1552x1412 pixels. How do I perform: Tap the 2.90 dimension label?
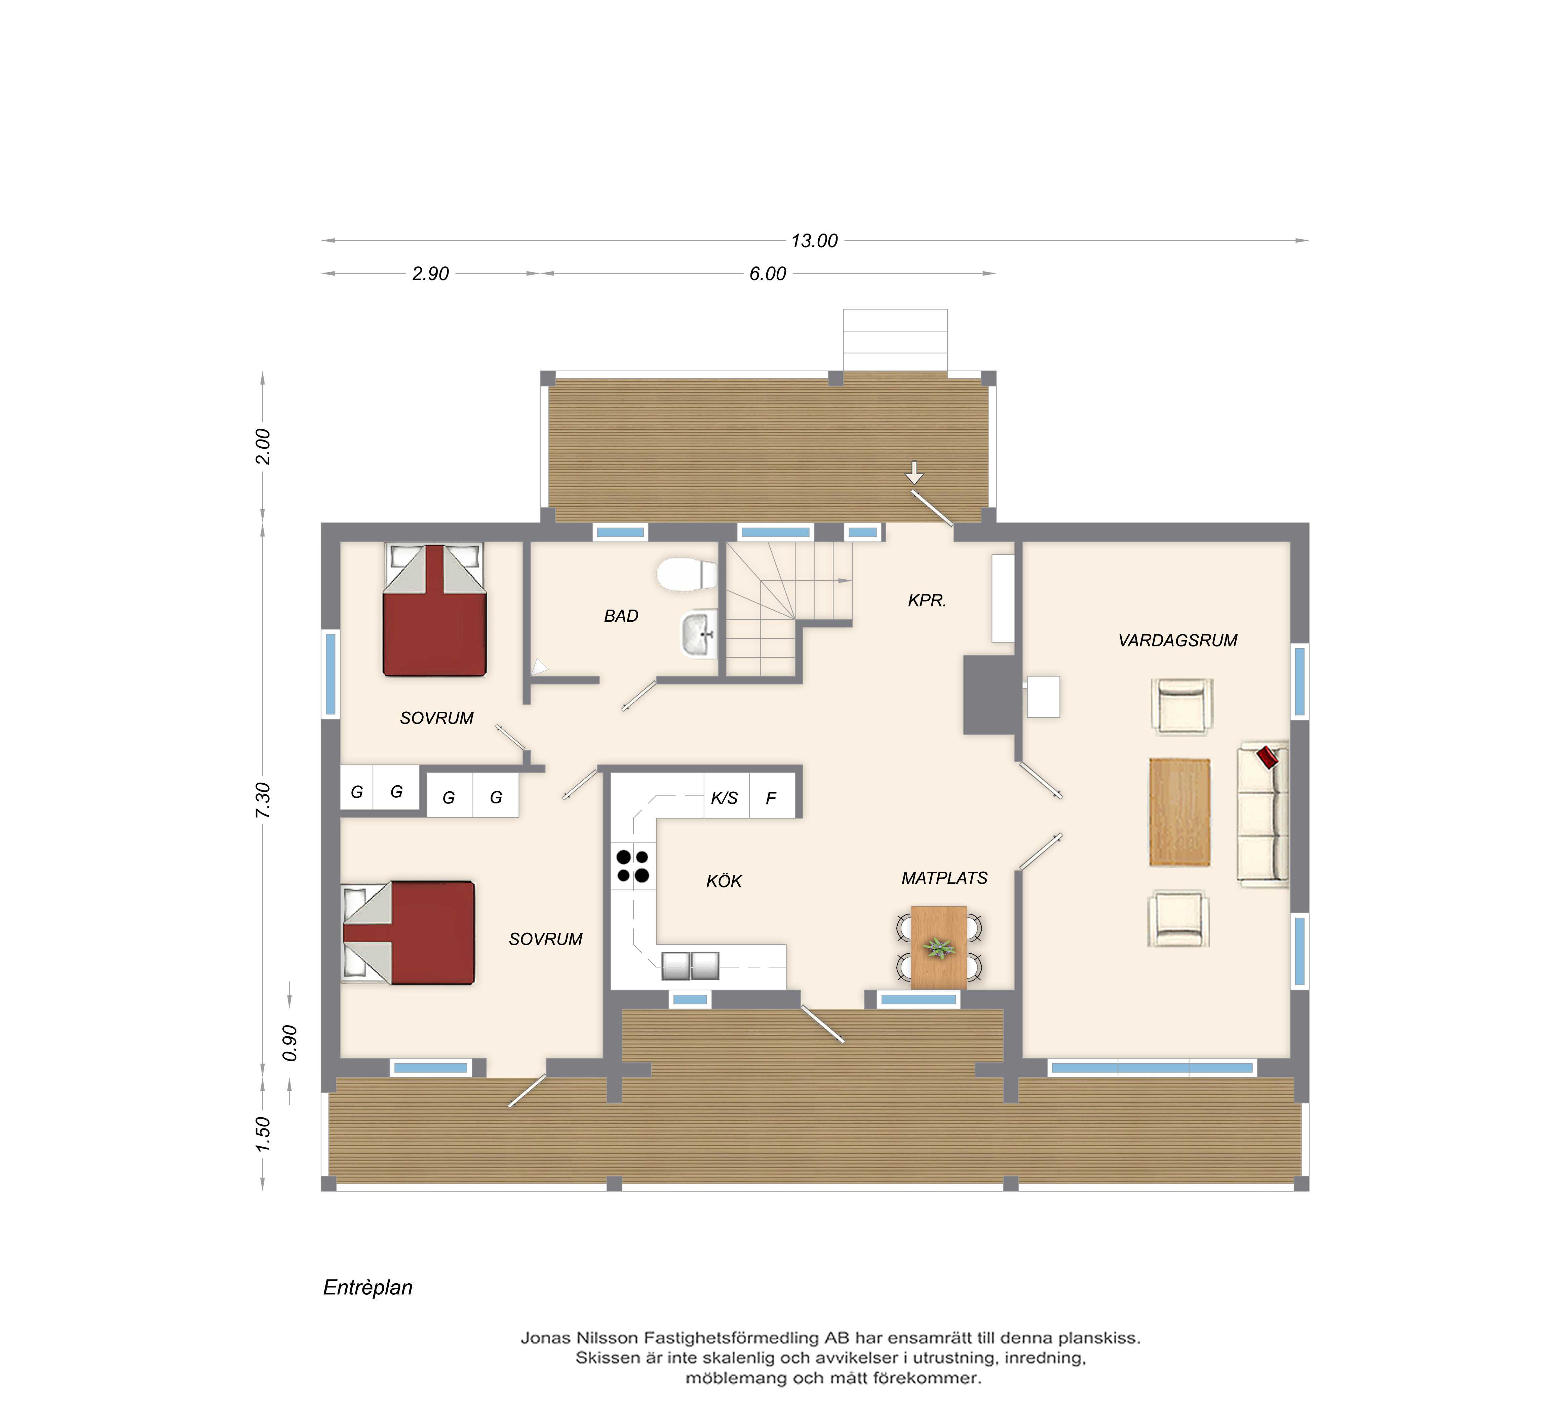tap(430, 274)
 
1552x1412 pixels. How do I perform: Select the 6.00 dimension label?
tap(768, 274)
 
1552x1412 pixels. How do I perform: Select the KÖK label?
tap(724, 881)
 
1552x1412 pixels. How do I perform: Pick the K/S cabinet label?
tap(724, 798)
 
